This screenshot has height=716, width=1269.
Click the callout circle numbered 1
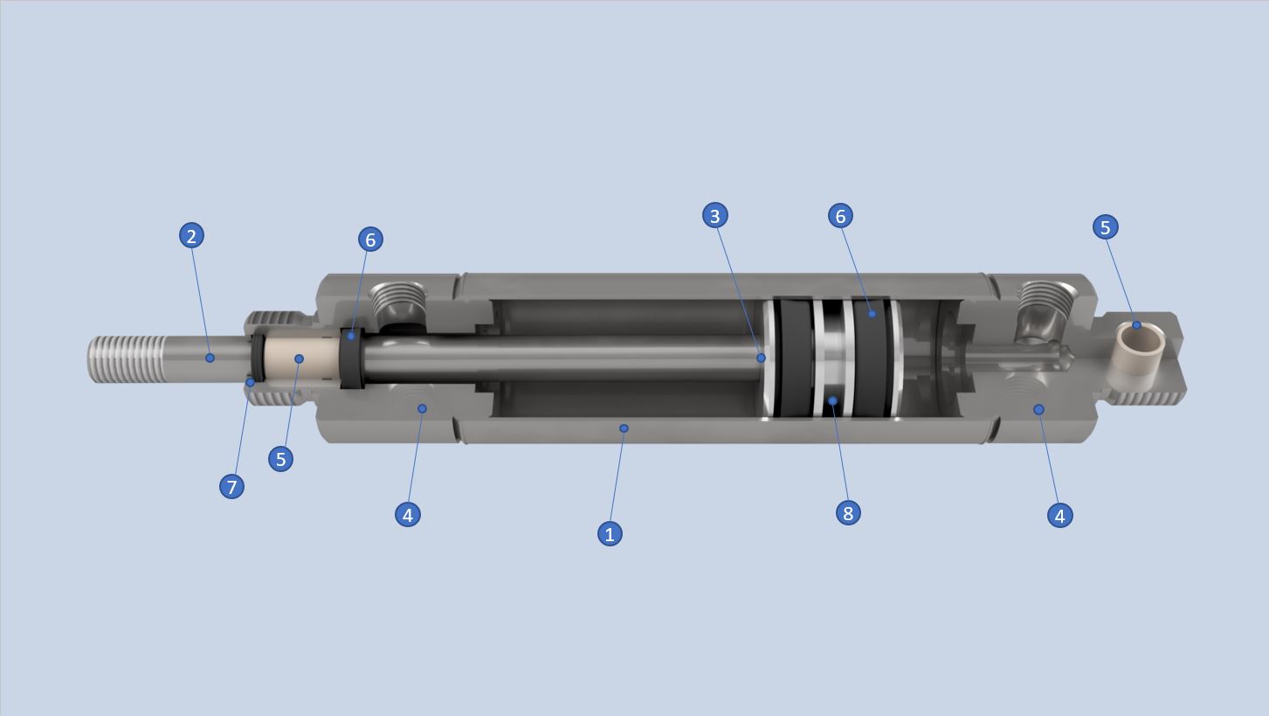[x=610, y=533]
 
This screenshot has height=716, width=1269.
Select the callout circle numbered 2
[x=191, y=235]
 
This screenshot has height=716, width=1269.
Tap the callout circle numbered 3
[x=714, y=215]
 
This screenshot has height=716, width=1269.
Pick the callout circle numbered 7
[x=231, y=486]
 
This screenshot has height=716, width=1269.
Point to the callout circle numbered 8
[x=847, y=512]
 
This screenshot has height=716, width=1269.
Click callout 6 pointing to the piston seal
[x=840, y=215]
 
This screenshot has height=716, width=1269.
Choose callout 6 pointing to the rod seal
[x=370, y=239]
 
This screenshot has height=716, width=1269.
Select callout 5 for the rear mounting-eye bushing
[x=1105, y=226]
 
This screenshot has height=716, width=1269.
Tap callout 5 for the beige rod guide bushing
[x=280, y=458]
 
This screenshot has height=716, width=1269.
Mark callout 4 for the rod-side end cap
[x=407, y=514]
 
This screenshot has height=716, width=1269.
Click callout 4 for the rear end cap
[x=1059, y=515]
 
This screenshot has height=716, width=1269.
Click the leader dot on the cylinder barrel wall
[x=624, y=428]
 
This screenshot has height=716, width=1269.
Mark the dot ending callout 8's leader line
[x=832, y=401]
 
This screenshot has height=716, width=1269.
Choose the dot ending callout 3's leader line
[x=761, y=358]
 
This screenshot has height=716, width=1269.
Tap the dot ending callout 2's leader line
[x=210, y=358]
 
